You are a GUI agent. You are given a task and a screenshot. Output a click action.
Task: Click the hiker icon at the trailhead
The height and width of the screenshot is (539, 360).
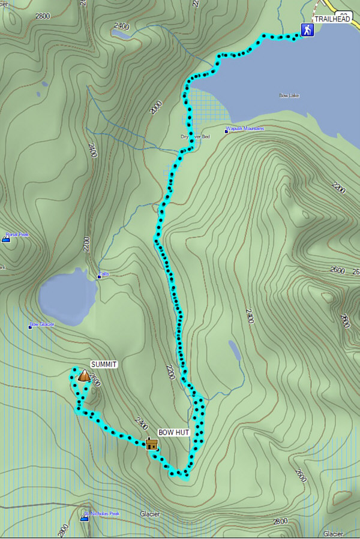point(307,31)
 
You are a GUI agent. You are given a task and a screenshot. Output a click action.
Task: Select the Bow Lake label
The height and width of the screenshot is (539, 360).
point(289,95)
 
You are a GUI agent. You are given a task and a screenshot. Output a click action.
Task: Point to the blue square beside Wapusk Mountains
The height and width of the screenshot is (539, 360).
point(227,130)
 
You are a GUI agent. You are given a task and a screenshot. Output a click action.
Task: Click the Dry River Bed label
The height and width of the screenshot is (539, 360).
point(196,137)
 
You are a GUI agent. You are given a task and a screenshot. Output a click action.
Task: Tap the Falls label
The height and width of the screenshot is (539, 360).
point(105,274)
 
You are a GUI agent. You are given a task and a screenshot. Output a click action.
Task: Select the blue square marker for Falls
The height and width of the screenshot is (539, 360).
point(100,276)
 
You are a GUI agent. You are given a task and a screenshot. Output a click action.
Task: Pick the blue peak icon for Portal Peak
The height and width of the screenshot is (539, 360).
point(6,239)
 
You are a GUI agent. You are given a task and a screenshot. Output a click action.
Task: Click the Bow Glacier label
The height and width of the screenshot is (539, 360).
point(43,324)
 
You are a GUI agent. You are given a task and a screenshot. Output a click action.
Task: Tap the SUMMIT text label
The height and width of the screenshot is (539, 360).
point(104,364)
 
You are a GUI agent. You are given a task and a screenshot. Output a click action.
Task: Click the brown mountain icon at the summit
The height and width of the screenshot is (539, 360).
point(85,376)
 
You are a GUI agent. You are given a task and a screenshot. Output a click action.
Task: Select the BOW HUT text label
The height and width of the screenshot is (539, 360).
point(173,432)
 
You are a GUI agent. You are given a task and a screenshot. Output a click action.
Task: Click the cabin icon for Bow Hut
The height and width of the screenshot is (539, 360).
point(152,444)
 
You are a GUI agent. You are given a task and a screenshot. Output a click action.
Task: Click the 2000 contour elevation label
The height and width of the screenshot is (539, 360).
point(157,107)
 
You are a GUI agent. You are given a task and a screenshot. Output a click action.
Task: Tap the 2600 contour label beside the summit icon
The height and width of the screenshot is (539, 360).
point(97,382)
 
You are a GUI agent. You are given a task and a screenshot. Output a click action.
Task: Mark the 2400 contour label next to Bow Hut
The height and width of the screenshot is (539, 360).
point(142,423)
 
